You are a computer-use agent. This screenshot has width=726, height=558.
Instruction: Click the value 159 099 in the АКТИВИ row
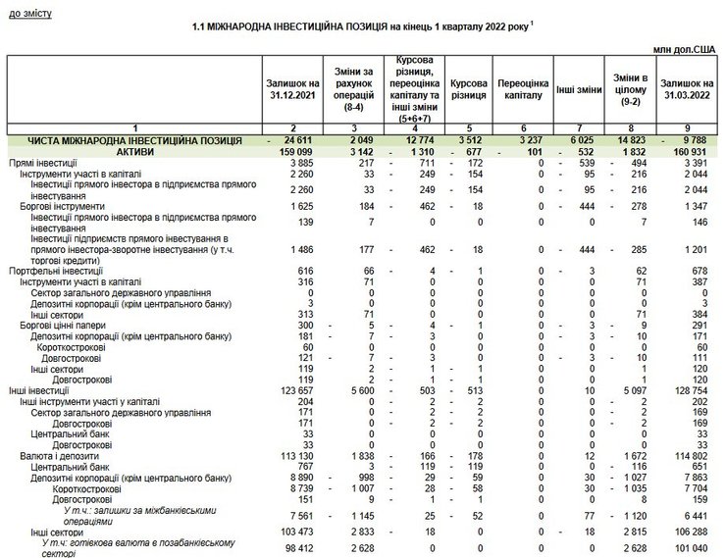[x=293, y=152]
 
